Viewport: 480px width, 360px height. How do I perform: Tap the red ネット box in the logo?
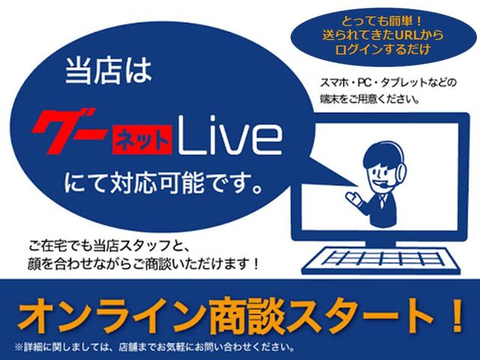(142, 141)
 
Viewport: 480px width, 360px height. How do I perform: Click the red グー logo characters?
(70, 130)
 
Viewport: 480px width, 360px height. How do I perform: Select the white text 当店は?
(109, 71)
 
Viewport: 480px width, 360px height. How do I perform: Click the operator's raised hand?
(352, 197)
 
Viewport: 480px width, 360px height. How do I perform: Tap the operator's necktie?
(382, 201)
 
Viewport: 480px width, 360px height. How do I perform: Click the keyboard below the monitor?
(381, 260)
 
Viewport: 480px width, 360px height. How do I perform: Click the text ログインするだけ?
(382, 49)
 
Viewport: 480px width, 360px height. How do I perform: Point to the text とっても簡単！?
(382, 22)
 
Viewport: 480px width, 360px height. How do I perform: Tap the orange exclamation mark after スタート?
(457, 315)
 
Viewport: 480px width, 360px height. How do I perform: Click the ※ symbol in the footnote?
(19, 347)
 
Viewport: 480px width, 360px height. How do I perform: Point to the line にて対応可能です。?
(163, 183)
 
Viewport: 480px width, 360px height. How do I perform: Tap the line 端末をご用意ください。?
(370, 99)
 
